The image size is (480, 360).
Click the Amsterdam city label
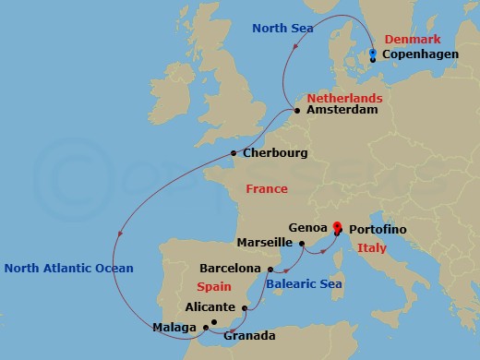tap(342, 110)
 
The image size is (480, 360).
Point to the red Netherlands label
tap(344, 96)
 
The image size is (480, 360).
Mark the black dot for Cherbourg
tap(234, 153)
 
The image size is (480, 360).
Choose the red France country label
tap(267, 188)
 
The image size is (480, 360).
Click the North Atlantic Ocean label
tap(68, 269)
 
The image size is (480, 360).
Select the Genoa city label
tap(307, 227)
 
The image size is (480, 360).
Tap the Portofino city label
tap(378, 228)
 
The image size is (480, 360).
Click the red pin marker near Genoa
tap(337, 226)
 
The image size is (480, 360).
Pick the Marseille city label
tap(265, 244)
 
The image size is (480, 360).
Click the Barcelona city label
tap(231, 269)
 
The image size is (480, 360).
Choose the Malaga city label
tap(174, 327)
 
